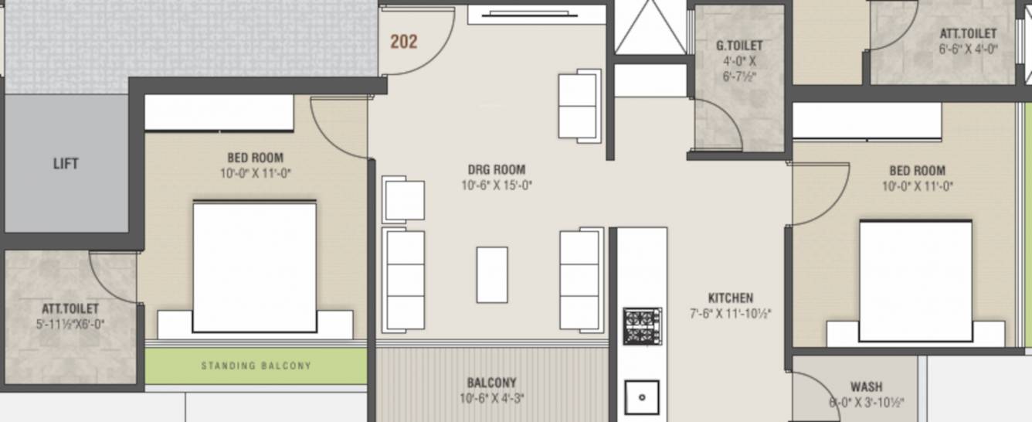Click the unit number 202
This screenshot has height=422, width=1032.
pyautogui.click(x=403, y=42)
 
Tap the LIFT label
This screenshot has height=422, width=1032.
pyautogui.click(x=66, y=164)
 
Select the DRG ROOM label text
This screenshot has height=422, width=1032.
pyautogui.click(x=496, y=170)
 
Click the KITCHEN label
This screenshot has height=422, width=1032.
pyautogui.click(x=730, y=298)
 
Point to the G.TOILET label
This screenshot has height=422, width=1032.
pyautogui.click(x=739, y=46)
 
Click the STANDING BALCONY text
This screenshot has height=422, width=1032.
pyautogui.click(x=256, y=366)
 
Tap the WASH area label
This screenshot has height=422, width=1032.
pyautogui.click(x=866, y=386)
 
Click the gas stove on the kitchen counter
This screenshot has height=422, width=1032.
pyautogui.click(x=642, y=326)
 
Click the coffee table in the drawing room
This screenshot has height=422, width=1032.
pyautogui.click(x=492, y=274)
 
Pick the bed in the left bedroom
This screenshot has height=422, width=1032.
pyautogui.click(x=254, y=267)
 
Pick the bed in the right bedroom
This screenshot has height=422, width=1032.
pyautogui.click(x=915, y=280)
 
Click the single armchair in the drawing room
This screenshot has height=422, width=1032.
pyautogui.click(x=404, y=200)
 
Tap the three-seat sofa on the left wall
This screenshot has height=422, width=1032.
pyautogui.click(x=404, y=280)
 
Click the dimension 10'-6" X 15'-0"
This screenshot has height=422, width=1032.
pyautogui.click(x=497, y=185)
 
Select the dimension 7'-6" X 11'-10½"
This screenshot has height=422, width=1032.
pyautogui.click(x=730, y=314)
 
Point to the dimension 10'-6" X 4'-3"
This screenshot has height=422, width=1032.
pyautogui.click(x=491, y=399)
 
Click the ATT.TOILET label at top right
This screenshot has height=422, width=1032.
pyautogui.click(x=967, y=33)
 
